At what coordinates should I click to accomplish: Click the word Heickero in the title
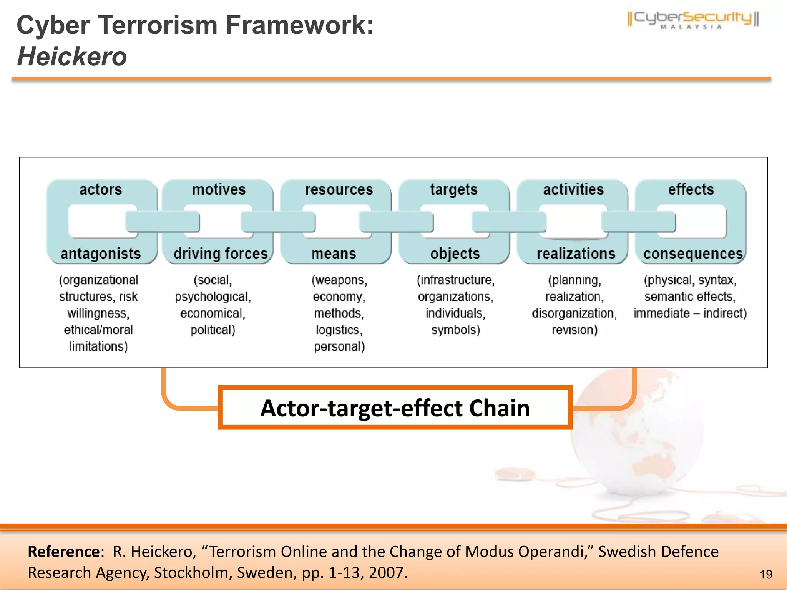click(72, 56)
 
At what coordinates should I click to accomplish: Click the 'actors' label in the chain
click(101, 189)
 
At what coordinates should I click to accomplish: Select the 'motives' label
click(219, 189)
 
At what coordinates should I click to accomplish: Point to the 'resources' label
click(339, 189)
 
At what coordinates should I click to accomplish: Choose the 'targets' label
click(454, 190)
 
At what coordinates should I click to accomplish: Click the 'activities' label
click(573, 189)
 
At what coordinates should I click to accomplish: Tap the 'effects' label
click(691, 189)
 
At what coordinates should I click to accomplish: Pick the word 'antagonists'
click(101, 254)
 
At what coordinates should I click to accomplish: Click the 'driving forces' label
click(221, 254)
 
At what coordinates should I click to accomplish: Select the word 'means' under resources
click(334, 254)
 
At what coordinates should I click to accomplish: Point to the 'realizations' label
click(576, 254)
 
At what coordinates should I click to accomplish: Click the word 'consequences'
click(693, 254)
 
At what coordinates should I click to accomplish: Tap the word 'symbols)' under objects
click(456, 330)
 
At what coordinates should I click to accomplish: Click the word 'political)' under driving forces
click(213, 330)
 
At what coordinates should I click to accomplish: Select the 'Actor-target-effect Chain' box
click(395, 408)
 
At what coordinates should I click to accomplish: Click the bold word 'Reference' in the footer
click(64, 552)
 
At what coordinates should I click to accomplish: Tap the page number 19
click(766, 574)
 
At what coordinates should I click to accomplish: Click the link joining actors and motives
click(163, 222)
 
